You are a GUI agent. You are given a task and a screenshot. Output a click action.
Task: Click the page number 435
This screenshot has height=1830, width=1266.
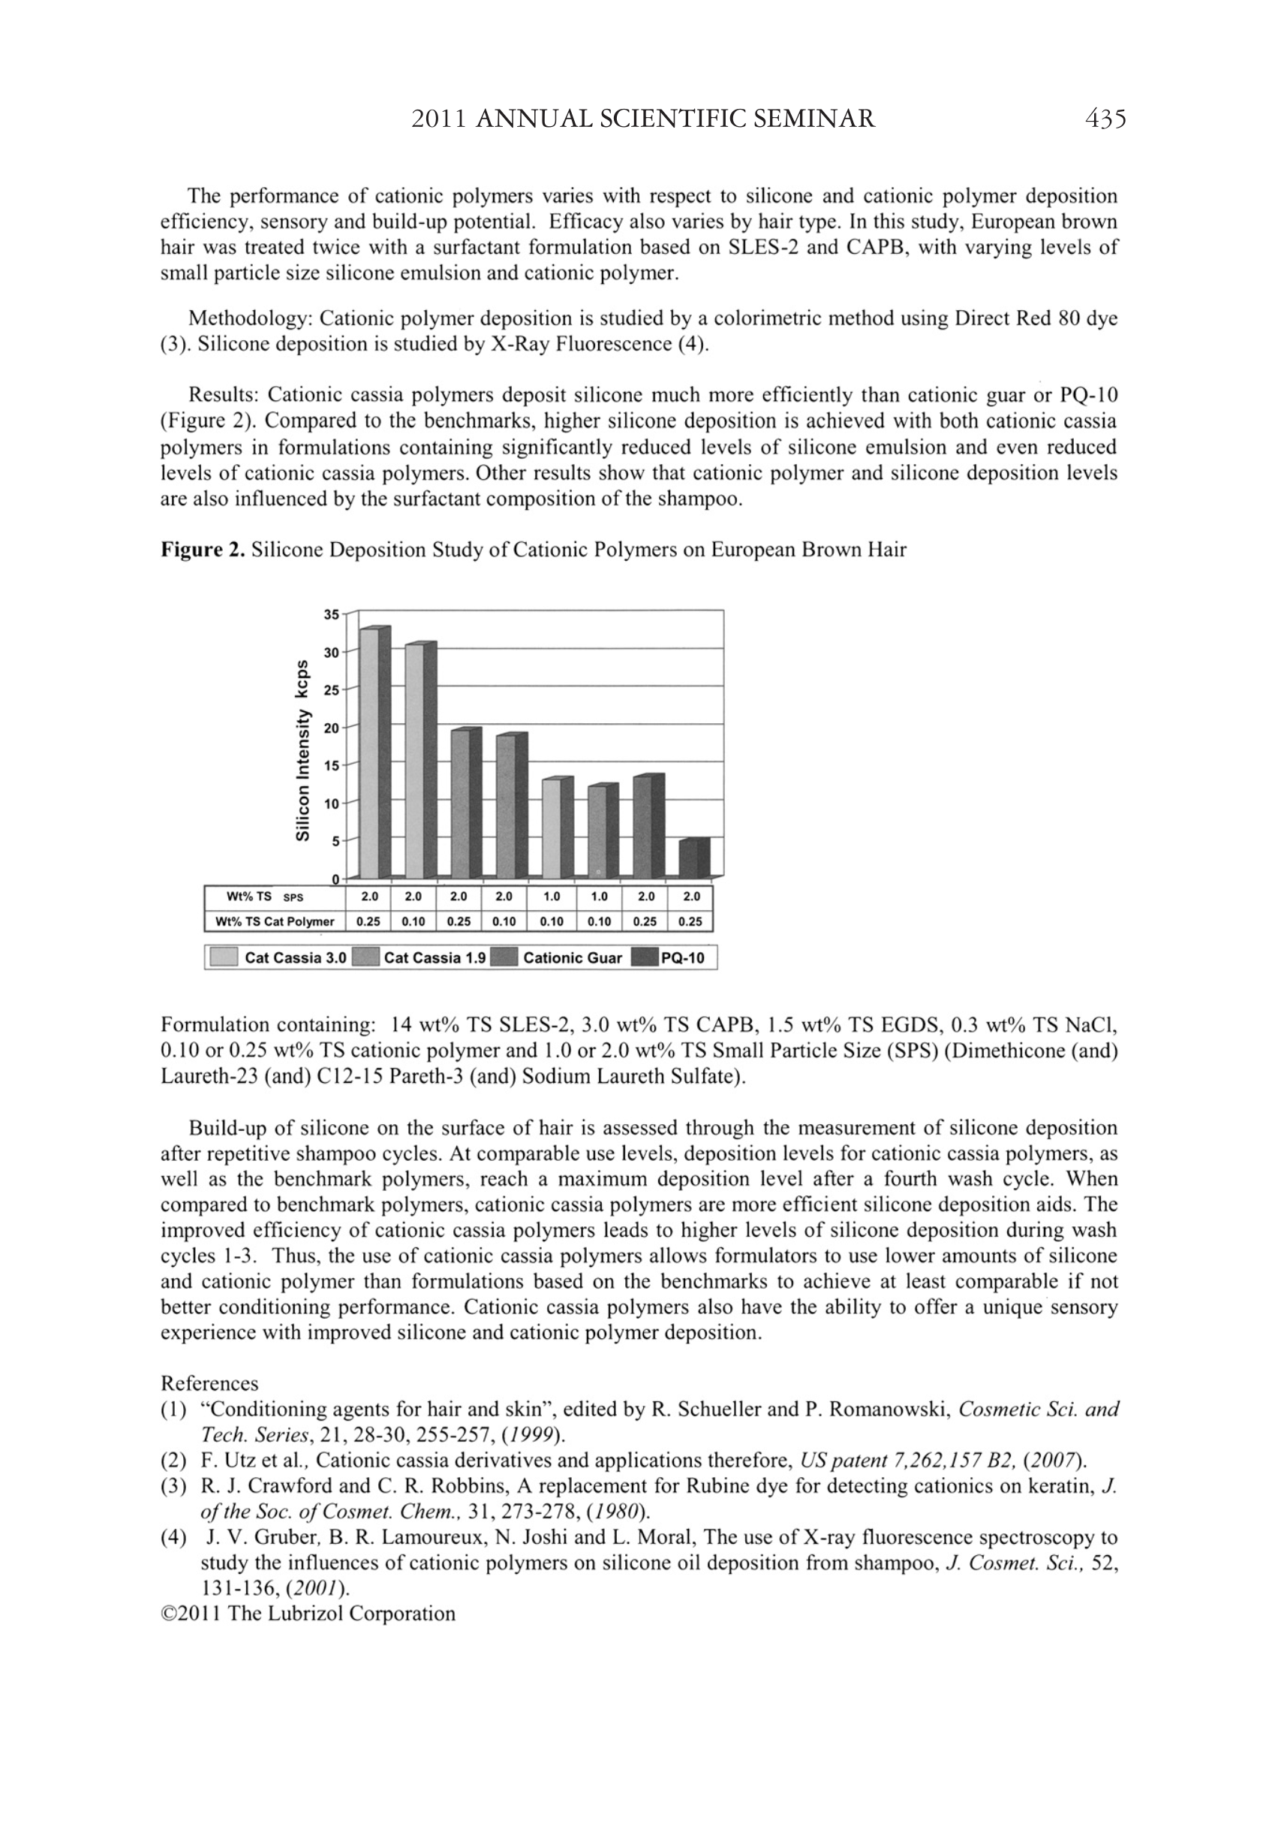pyautogui.click(x=1105, y=119)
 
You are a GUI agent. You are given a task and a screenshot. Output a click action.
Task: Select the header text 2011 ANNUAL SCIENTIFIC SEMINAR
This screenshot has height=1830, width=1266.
pyautogui.click(x=643, y=119)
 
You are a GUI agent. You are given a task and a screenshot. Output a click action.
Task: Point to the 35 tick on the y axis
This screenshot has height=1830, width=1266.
pyautogui.click(x=332, y=614)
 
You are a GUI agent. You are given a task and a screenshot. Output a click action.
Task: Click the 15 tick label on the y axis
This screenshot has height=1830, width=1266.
pyautogui.click(x=332, y=766)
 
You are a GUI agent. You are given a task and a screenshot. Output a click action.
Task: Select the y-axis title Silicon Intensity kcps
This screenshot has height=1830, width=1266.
pyautogui.click(x=302, y=749)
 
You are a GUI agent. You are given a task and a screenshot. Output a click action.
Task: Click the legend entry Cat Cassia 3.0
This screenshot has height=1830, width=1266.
pyautogui.click(x=295, y=958)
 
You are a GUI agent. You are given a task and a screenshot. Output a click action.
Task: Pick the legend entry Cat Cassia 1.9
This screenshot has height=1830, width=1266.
pyautogui.click(x=435, y=958)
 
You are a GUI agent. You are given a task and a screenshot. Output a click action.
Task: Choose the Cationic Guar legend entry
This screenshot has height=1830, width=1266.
pyautogui.click(x=572, y=958)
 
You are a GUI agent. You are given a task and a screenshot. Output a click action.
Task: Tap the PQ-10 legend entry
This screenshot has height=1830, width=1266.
pyautogui.click(x=682, y=958)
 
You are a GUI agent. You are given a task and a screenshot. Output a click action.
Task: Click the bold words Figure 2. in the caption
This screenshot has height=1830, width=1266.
pyautogui.click(x=203, y=550)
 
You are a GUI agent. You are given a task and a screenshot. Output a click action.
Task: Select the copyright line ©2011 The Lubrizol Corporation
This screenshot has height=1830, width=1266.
pyautogui.click(x=308, y=1613)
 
